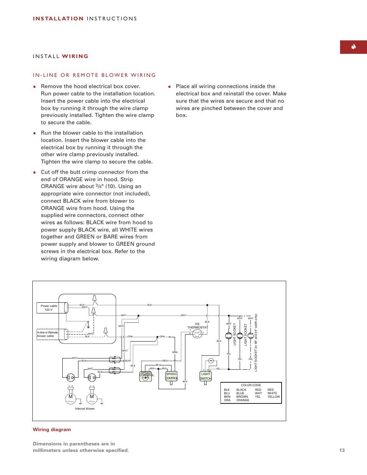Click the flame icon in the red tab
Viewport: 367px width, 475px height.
click(353, 47)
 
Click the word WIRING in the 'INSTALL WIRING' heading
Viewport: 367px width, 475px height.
click(75, 56)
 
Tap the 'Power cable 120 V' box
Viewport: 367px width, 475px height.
click(49, 308)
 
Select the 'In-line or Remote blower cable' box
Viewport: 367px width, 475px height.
click(47, 334)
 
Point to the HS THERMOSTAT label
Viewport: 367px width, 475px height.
click(197, 326)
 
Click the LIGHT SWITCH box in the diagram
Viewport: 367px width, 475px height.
click(206, 376)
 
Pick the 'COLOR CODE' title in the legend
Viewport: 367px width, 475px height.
click(251, 385)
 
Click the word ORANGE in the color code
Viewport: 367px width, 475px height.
click(243, 400)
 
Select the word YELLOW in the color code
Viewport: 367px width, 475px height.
click(274, 397)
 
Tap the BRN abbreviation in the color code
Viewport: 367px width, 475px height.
click(227, 397)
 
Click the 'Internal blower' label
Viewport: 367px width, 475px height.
click(85, 408)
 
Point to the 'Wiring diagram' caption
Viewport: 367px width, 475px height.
click(52, 430)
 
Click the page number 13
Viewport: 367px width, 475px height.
click(342, 450)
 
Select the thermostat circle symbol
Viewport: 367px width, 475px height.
click(197, 334)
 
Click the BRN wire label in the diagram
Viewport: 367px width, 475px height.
click(175, 352)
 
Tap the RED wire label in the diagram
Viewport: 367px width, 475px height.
click(165, 361)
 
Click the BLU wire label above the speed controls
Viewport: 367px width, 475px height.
click(158, 365)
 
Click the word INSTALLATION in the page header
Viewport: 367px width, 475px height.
click(58, 18)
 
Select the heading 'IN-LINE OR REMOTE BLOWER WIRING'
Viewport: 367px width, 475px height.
click(94, 75)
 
